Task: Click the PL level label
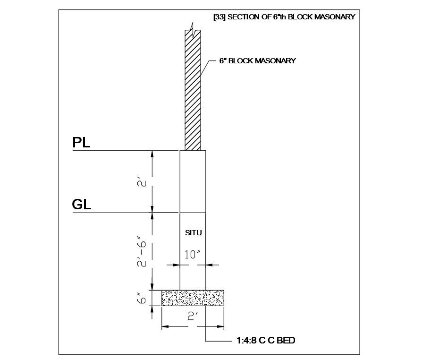click(x=81, y=143)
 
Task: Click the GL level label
click(x=82, y=204)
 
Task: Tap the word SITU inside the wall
click(x=193, y=233)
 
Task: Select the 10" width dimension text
click(x=193, y=254)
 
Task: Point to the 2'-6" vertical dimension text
click(x=142, y=252)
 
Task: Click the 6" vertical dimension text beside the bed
click(x=142, y=298)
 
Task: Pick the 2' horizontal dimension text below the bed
click(x=193, y=316)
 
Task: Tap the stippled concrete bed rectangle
click(x=193, y=298)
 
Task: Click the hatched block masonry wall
click(x=193, y=90)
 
